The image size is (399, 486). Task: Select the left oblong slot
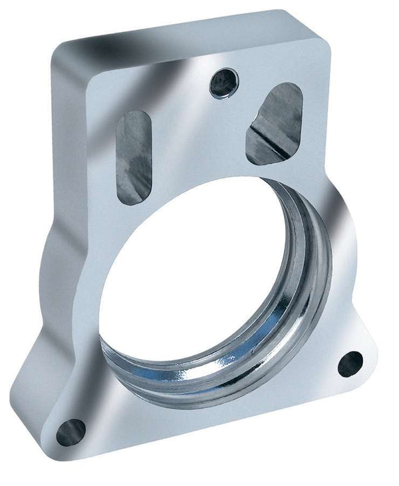[x=134, y=156]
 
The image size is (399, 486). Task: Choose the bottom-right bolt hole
[x=350, y=363]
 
